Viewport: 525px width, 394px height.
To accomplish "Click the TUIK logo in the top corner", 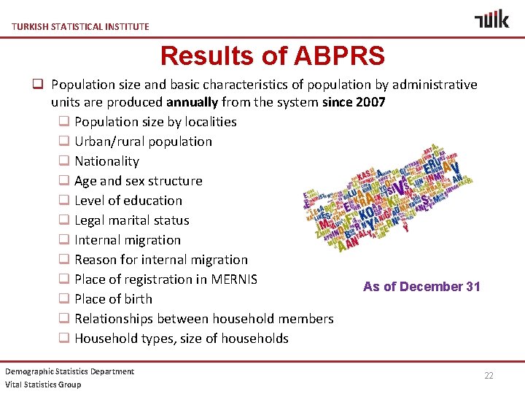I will point(491,20).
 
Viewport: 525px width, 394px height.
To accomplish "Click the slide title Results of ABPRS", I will point(272,55).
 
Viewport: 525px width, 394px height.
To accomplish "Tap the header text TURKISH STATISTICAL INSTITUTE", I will point(80,26).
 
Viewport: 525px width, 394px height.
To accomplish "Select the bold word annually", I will point(192,102).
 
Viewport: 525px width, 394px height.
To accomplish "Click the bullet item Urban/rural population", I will point(143,142).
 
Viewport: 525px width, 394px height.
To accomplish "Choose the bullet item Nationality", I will point(106,161).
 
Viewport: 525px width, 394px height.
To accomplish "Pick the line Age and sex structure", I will point(138,181).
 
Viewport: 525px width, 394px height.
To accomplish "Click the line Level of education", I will point(128,201).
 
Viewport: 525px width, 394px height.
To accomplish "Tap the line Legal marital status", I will point(131,220).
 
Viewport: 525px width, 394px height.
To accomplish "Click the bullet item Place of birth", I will point(113,299).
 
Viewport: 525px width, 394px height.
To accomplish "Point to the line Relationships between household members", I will point(203,319).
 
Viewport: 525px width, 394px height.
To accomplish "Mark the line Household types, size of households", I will point(181,339).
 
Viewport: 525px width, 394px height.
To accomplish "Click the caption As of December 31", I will point(421,287).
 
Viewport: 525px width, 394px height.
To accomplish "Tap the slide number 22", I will point(489,375).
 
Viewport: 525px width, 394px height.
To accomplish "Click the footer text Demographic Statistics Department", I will point(70,371).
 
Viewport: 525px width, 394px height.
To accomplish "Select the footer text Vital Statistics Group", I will point(43,385).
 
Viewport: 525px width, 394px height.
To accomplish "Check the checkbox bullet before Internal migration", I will point(64,240).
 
